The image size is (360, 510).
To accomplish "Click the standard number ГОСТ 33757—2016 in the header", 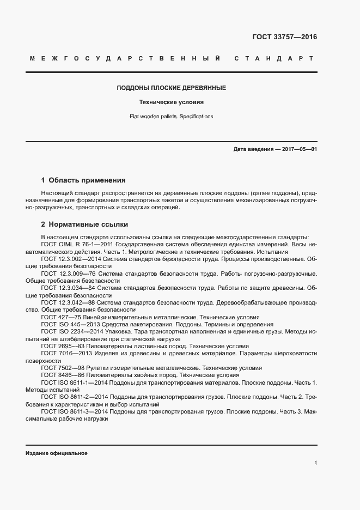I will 284,37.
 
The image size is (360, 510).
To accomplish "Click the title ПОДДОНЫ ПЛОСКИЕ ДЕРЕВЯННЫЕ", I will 172,88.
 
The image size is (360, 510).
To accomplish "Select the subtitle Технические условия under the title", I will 172,102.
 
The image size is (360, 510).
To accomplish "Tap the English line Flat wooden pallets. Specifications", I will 172,117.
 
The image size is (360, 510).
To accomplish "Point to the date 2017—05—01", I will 299,149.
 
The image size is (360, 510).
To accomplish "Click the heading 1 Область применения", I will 83,180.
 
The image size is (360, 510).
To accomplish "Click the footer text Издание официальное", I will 57,453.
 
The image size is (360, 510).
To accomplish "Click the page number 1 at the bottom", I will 315,463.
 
